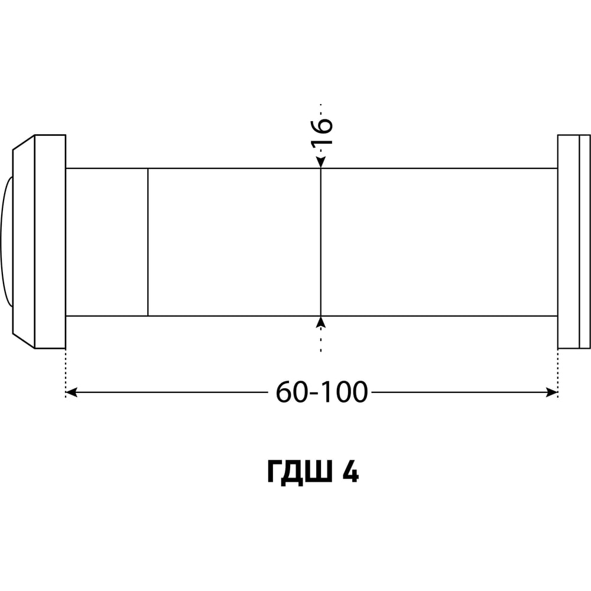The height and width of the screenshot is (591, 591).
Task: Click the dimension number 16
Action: pos(322,132)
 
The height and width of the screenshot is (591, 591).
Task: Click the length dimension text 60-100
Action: pos(322,392)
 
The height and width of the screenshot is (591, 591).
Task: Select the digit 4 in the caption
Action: pos(350,471)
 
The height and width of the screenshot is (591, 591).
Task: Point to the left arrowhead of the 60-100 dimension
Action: pos(72,392)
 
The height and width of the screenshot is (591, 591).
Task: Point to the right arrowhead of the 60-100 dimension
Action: pos(552,392)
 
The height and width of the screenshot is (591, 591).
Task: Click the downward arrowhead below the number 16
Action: pos(321,162)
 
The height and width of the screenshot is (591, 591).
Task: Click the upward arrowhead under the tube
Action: pos(321,322)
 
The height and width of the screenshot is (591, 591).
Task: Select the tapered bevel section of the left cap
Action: pos(24,242)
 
